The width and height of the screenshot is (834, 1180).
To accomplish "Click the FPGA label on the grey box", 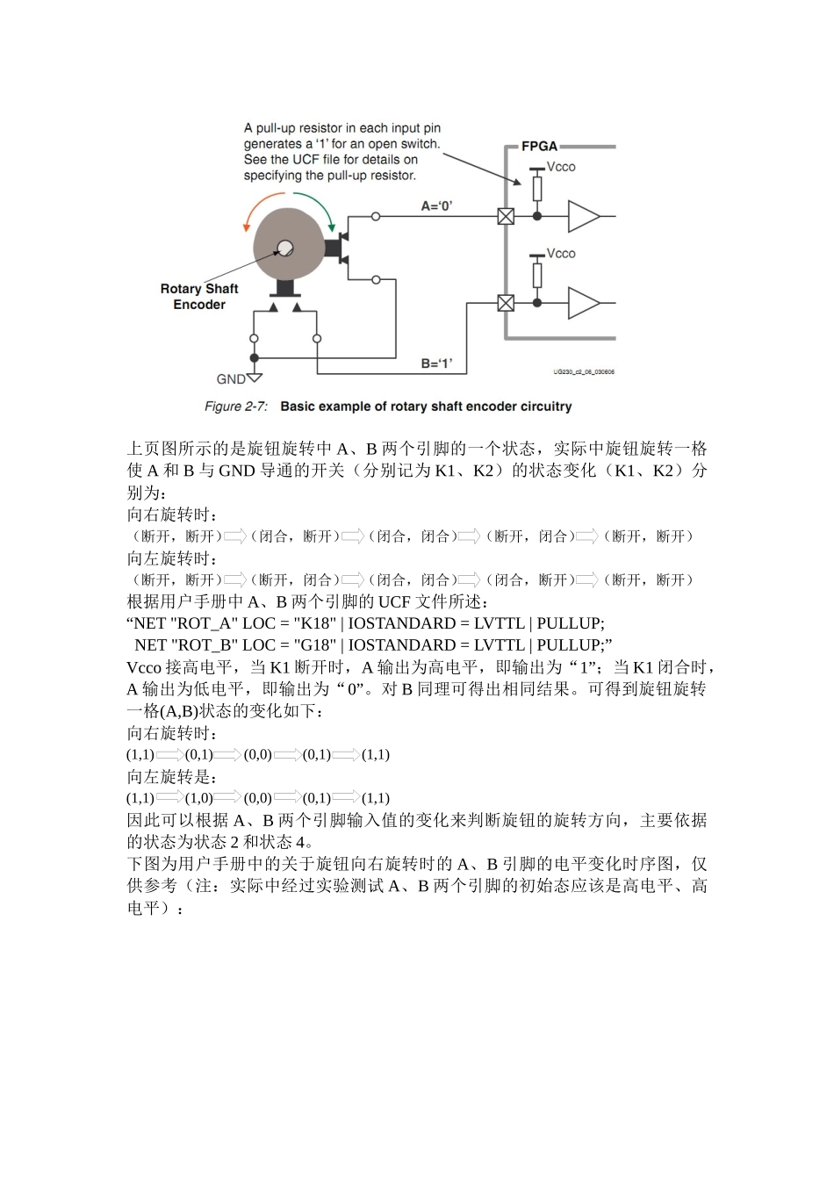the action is coord(539,147).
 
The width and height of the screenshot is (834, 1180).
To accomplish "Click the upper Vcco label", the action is coord(561,167).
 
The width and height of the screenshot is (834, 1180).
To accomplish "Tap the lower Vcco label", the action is coord(561,254).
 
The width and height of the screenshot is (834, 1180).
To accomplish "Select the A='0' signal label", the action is coord(436,206).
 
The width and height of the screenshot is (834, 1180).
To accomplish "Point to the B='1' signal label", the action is coord(436,363).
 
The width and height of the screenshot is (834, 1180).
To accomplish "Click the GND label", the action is coord(230,379).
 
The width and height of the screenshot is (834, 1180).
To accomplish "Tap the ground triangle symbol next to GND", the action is coord(255,378).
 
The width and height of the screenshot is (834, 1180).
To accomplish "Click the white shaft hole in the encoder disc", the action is coord(284,248).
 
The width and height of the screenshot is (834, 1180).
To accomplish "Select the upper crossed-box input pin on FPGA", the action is coord(506,216).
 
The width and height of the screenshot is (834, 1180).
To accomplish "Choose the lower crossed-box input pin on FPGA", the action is coord(506,303).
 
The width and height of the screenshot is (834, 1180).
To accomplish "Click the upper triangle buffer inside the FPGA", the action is coord(583,216).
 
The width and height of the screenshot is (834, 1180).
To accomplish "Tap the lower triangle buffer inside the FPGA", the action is coord(583,303).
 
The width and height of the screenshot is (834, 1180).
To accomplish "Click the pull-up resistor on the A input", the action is coord(537,189).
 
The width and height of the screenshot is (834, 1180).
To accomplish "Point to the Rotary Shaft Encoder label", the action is coord(199,297).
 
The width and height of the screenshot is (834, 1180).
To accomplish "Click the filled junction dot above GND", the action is coord(255,358).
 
